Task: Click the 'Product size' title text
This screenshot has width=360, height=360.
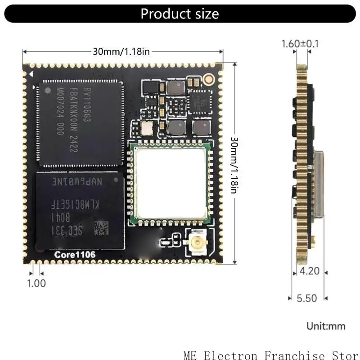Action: point(180,13)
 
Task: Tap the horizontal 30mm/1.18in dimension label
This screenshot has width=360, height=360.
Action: point(121,51)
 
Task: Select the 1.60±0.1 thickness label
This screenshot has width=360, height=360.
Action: point(300,44)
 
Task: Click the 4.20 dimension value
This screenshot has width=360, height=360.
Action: point(309,271)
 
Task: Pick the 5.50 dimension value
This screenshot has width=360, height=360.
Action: point(307,298)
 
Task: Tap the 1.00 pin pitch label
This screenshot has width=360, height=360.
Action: point(36,283)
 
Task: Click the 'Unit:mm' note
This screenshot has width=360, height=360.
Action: point(325,325)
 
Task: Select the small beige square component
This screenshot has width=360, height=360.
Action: point(147,128)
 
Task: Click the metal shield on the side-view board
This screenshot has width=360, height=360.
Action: point(318,184)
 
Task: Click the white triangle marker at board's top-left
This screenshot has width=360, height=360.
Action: point(32,72)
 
